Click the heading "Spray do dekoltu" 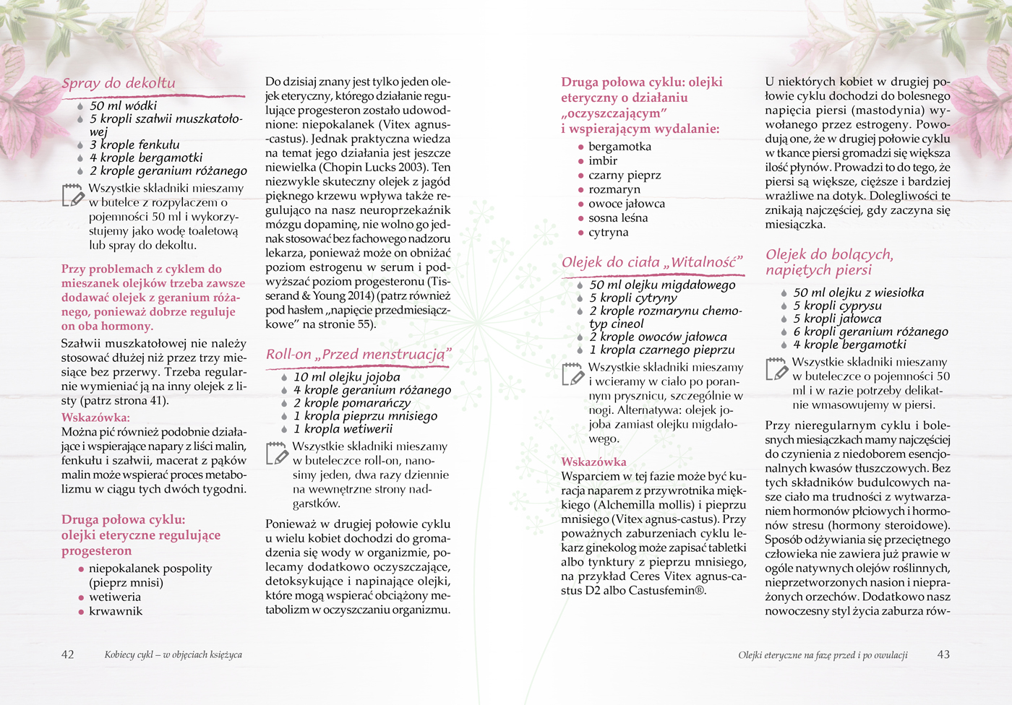point(119,83)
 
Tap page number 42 point(67,654)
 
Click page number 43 point(943,654)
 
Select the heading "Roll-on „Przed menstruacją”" point(358,354)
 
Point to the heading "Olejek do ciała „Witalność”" point(652,262)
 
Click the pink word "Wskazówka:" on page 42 point(95,418)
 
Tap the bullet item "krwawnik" point(116,611)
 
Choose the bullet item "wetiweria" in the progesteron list point(114,597)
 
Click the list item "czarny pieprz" point(625,175)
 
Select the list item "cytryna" point(608,232)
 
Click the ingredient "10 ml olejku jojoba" point(346,377)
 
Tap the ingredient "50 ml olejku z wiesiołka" point(858,293)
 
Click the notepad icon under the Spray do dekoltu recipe point(73,195)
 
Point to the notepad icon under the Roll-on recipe point(277,453)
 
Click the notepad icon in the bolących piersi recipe point(776,368)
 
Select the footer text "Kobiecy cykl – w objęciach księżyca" point(173,655)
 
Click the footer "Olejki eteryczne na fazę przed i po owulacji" point(823,655)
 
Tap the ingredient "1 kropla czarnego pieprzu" point(661,350)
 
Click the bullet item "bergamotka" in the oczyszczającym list point(619,147)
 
